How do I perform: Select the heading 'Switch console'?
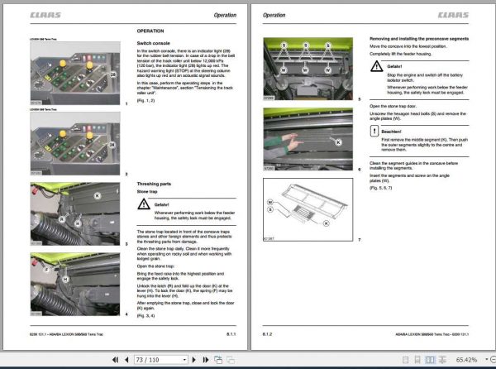pos(155,41)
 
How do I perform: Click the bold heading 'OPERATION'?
pos(153,31)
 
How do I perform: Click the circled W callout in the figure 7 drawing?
pos(270,201)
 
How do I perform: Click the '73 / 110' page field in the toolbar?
pos(150,361)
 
